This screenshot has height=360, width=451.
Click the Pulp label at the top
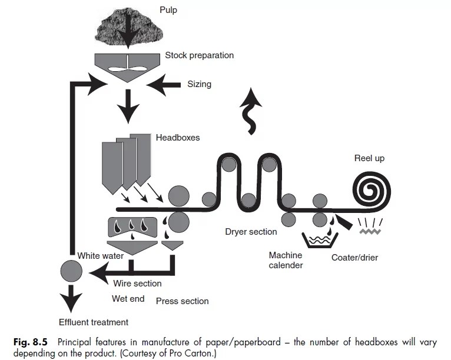168,11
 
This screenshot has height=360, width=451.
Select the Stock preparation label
200,55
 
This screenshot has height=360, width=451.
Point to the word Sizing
200,84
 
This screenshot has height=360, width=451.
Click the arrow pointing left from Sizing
163,85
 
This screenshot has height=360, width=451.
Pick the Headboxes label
178,138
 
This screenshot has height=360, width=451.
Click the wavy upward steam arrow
251,111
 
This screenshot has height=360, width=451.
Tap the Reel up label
369,158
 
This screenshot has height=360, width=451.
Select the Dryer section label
251,232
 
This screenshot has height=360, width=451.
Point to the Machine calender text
286,260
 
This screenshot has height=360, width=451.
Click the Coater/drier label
354,258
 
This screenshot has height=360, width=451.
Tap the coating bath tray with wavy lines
319,240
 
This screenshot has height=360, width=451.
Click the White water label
100,256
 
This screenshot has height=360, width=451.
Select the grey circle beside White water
71,271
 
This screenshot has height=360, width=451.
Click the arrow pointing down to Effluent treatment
71,298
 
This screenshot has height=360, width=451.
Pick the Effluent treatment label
94,322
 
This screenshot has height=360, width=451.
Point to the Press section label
183,301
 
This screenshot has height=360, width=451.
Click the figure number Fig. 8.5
30,342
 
